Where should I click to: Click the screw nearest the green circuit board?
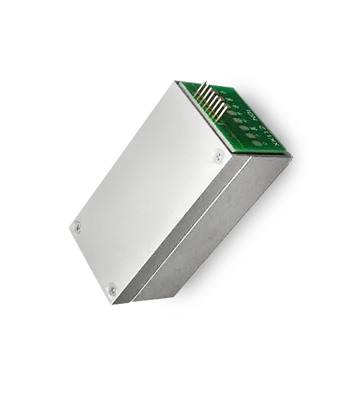click(218, 156)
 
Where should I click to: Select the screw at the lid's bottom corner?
click(112, 288)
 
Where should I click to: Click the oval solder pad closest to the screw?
click(256, 143)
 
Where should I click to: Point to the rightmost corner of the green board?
click(291, 156)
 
